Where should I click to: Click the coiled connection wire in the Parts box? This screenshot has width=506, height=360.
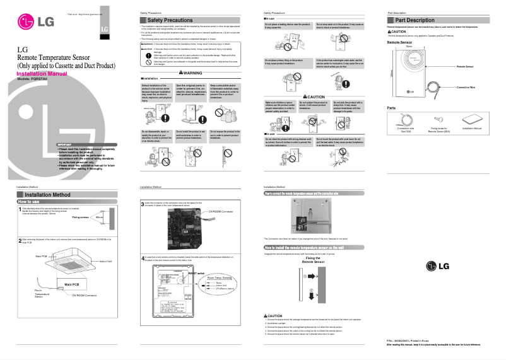pyautogui.click(x=406, y=119)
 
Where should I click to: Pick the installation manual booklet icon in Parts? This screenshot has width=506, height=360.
pyautogui.click(x=472, y=118)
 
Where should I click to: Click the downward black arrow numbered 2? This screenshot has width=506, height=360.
pyautogui.click(x=310, y=294)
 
